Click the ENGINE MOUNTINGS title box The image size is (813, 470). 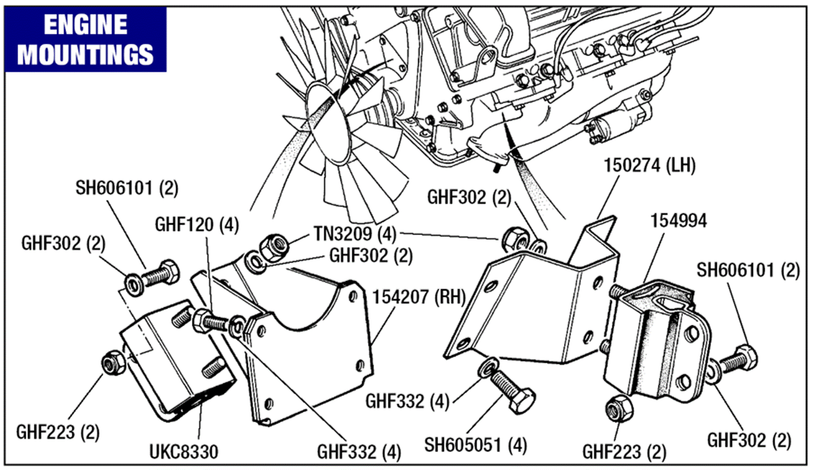[85, 39]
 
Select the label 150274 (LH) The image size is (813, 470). [649, 166]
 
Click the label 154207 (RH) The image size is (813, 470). [419, 297]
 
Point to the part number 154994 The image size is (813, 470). [678, 221]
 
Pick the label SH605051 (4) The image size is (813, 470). [476, 445]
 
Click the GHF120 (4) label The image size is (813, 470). [197, 225]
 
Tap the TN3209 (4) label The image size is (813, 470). [355, 234]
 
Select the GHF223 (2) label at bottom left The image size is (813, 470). [58, 432]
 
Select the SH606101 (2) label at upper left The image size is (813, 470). [127, 188]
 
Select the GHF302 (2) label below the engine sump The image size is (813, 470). [469, 198]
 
